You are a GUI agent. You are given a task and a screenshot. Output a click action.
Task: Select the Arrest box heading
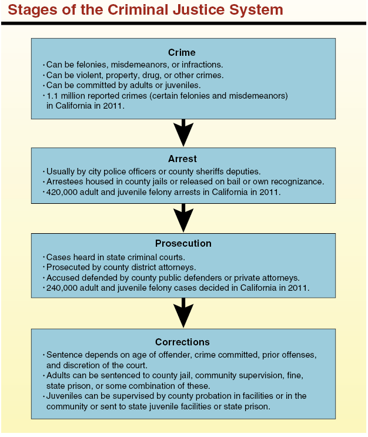[x=182, y=158]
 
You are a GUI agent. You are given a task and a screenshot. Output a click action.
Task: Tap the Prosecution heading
[x=183, y=244]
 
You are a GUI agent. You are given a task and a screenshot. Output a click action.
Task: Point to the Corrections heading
[x=182, y=342]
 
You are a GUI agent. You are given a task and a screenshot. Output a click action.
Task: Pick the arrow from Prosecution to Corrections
[x=184, y=313]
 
